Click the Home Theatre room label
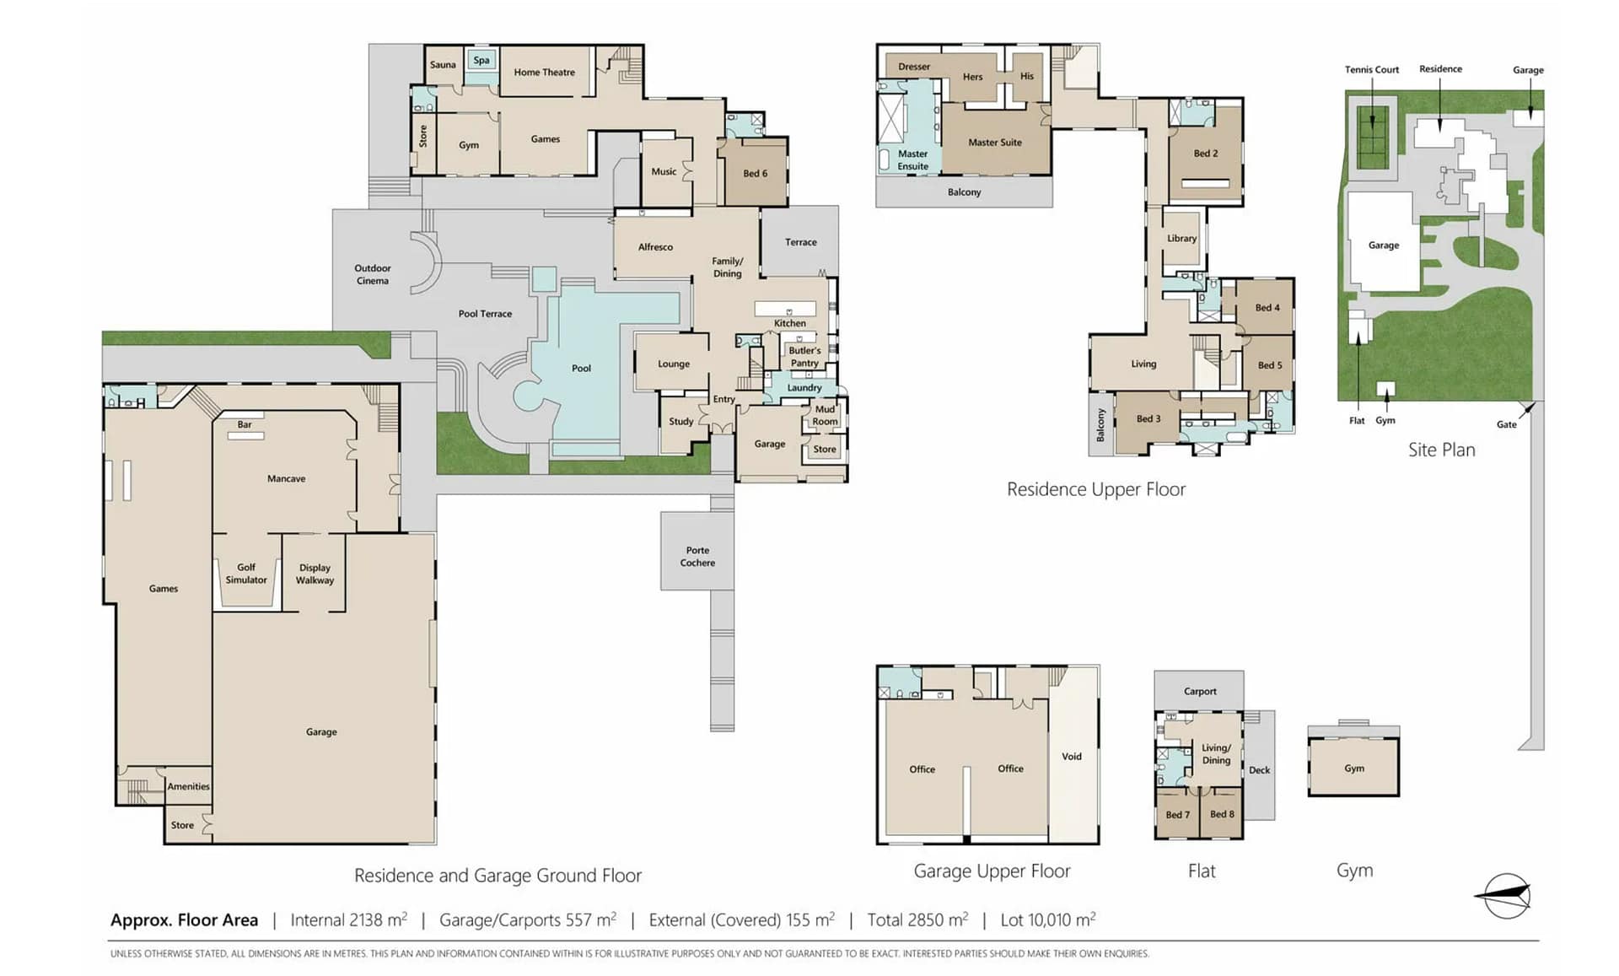(544, 73)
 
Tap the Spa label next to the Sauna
(481, 60)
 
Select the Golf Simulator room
(246, 574)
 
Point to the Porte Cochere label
(697, 557)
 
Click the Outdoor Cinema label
(373, 274)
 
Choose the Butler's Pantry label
(804, 357)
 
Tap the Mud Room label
(825, 415)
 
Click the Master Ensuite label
(912, 160)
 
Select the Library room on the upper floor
(1181, 239)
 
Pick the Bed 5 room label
(1269, 365)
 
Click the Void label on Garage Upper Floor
(1071, 757)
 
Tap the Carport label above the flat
(1200, 692)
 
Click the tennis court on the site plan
(1372, 137)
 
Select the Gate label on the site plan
(1506, 424)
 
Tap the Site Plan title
(1441, 450)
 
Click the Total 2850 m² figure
(917, 919)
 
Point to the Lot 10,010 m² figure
(1048, 919)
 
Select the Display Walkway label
(315, 574)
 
